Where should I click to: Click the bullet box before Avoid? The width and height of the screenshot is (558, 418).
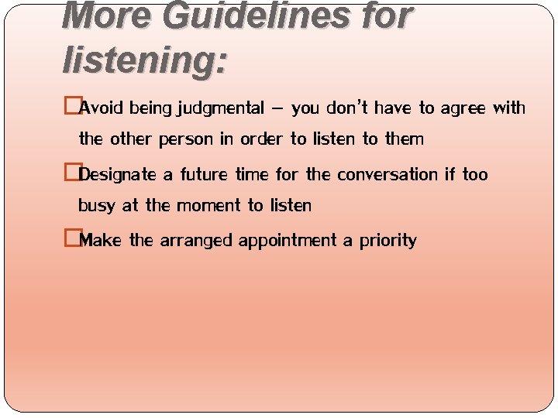click(x=73, y=106)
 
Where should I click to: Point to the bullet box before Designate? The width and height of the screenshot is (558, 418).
click(x=73, y=173)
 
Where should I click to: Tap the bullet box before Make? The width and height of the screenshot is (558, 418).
click(x=73, y=239)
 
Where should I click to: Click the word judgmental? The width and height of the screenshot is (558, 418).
click(x=221, y=108)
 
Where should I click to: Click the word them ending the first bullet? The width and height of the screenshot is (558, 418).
click(x=405, y=139)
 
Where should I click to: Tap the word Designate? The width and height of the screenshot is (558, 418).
click(x=118, y=175)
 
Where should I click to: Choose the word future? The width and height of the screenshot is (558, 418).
click(x=205, y=174)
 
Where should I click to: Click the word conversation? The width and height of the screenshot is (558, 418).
click(x=387, y=174)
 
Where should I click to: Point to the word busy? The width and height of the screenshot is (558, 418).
click(x=95, y=206)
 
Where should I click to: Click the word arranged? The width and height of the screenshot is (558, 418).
click(x=196, y=241)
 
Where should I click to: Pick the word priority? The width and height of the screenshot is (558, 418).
click(x=387, y=241)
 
